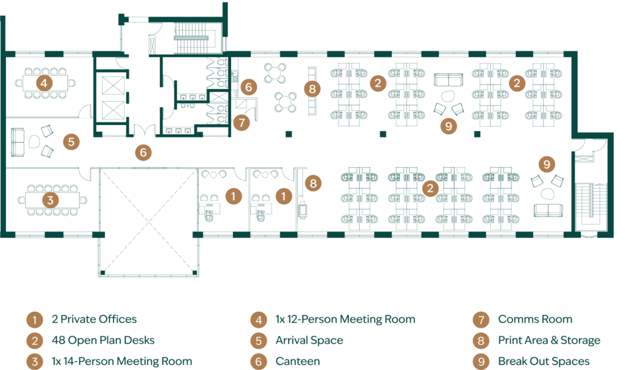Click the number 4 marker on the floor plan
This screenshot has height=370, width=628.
[x=44, y=83]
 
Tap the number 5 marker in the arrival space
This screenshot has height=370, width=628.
[x=71, y=142]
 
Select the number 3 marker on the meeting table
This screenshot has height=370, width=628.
[x=50, y=200]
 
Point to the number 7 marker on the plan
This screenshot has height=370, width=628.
[x=242, y=123]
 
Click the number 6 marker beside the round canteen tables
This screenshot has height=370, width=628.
[x=249, y=87]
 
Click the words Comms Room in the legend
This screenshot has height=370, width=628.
[x=535, y=319]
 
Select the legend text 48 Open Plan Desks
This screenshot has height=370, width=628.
[x=103, y=341]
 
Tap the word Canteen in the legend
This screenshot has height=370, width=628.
[x=297, y=361]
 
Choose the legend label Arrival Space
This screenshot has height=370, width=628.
[x=309, y=341]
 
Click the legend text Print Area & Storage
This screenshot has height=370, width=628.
[x=549, y=341]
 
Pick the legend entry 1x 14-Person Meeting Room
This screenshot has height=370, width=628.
[x=122, y=361]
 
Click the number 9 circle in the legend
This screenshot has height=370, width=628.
[x=481, y=361]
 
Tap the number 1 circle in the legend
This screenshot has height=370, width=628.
[x=35, y=320]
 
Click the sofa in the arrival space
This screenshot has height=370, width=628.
[x=17, y=142]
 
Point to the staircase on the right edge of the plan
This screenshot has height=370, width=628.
[x=591, y=207]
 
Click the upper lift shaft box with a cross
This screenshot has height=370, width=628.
[x=113, y=85]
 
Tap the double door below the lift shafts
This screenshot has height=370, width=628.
[x=144, y=130]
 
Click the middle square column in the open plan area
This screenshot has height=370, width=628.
[x=383, y=134]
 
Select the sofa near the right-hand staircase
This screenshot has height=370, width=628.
[x=548, y=210]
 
